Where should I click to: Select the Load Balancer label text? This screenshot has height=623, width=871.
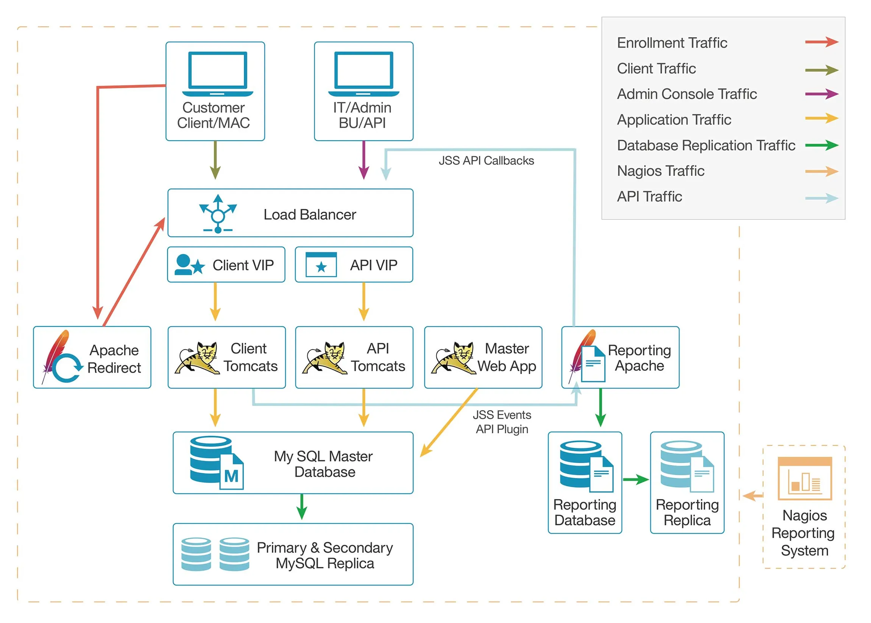tap(309, 214)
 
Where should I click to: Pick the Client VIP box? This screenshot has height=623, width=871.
tap(226, 265)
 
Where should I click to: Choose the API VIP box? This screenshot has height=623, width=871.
tap(354, 265)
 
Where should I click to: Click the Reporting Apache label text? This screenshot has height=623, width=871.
tap(639, 358)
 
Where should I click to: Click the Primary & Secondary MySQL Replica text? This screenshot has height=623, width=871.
tap(325, 555)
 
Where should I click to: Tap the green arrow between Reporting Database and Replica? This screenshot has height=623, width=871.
tap(635, 479)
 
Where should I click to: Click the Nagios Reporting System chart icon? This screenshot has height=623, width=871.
tap(804, 478)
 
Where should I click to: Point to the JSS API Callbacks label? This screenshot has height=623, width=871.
tap(486, 160)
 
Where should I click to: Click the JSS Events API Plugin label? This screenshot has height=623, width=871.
tap(502, 422)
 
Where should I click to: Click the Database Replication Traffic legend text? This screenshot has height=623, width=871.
tap(706, 145)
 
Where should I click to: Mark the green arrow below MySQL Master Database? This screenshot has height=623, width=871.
tap(302, 506)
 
